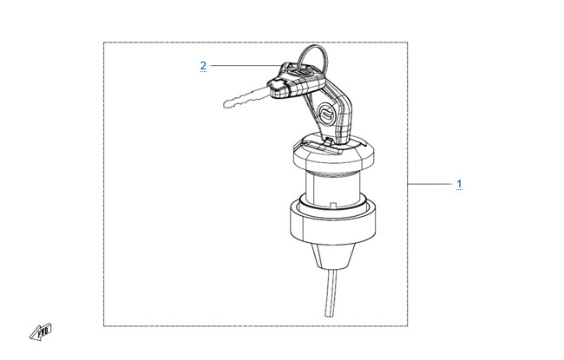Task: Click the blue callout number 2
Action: click(x=203, y=66)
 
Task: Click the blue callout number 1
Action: click(x=459, y=184)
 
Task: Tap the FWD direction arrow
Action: click(x=41, y=332)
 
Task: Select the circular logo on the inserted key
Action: click(x=327, y=114)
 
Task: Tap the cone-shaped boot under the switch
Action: click(x=332, y=256)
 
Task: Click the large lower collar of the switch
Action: click(x=332, y=222)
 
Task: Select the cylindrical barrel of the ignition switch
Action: click(x=332, y=189)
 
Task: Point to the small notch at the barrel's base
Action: click(x=333, y=205)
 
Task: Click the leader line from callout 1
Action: click(x=430, y=184)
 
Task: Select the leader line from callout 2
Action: click(x=246, y=65)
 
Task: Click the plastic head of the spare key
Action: click(x=297, y=80)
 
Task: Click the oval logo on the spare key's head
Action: click(x=301, y=72)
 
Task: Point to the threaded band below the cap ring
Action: click(x=332, y=174)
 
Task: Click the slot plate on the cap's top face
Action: click(x=320, y=145)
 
